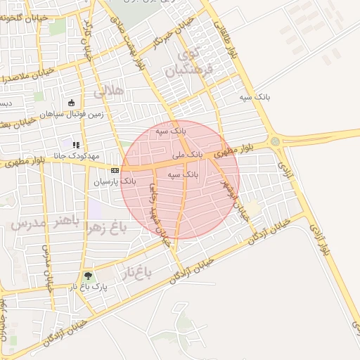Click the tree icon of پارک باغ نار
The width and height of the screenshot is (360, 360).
87,276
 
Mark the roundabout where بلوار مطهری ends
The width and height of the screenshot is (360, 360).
275,141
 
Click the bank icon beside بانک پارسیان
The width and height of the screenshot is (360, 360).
115,170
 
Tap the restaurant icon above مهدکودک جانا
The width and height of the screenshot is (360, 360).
75,145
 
